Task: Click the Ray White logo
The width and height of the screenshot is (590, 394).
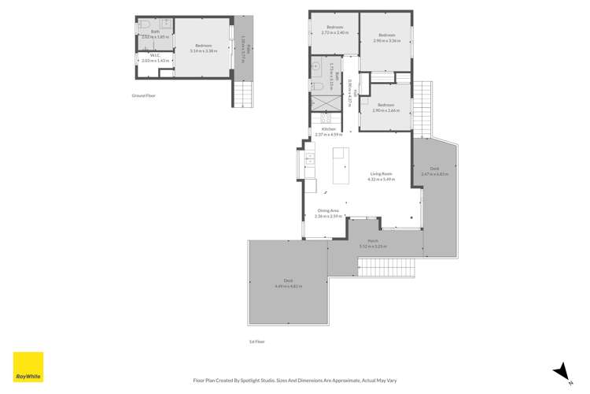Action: click(x=27, y=366)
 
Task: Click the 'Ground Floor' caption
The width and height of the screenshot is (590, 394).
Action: click(x=144, y=95)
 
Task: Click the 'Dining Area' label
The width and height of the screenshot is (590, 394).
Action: click(x=328, y=210)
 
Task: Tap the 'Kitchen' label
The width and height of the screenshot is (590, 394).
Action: click(x=328, y=128)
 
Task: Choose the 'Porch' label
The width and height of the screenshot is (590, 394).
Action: click(x=374, y=242)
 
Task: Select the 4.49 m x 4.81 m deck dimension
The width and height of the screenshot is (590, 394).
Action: click(x=285, y=285)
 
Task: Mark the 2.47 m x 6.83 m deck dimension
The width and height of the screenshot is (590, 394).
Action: click(x=434, y=173)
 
